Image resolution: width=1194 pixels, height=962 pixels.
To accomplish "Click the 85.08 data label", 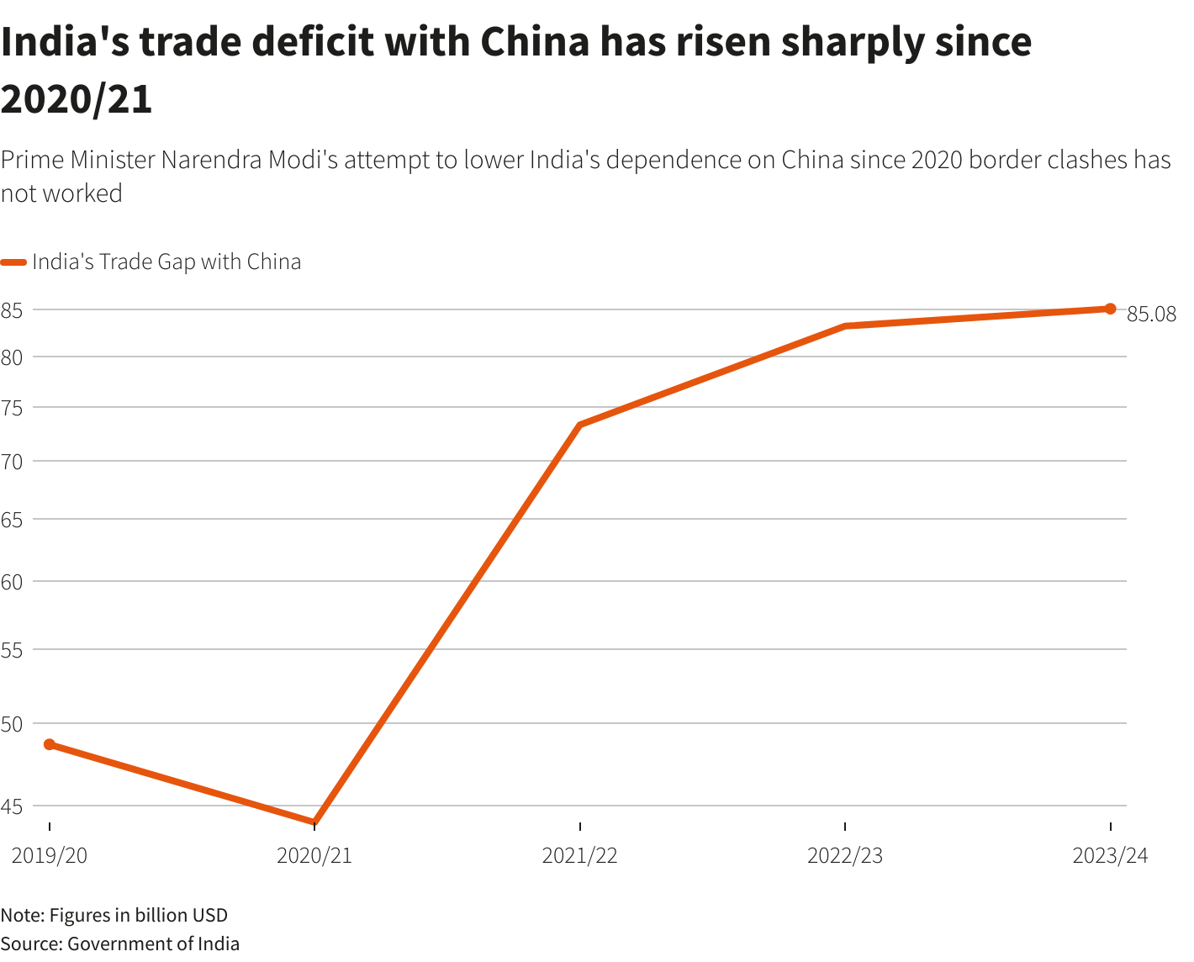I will pyautogui.click(x=1151, y=314).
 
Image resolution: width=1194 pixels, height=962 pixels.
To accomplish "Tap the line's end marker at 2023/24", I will pyautogui.click(x=1110, y=309).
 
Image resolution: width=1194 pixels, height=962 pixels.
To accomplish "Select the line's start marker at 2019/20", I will pyautogui.click(x=50, y=744).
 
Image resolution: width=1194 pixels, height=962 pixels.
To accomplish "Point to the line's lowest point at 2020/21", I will pyautogui.click(x=314, y=822).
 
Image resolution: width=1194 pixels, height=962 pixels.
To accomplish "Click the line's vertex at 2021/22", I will pyautogui.click(x=580, y=425).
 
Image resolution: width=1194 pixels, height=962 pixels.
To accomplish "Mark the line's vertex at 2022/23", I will pyautogui.click(x=845, y=325).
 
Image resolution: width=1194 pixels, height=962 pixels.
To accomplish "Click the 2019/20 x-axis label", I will pyautogui.click(x=50, y=856).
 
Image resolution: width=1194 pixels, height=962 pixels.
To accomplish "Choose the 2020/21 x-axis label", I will pyautogui.click(x=314, y=856).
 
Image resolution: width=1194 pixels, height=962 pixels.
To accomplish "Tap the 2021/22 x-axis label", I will pyautogui.click(x=580, y=856).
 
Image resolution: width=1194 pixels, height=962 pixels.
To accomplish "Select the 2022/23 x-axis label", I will pyautogui.click(x=845, y=856).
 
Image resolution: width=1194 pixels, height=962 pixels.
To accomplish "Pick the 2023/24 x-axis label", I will pyautogui.click(x=1110, y=856).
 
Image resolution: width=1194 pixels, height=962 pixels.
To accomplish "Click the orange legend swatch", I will pyautogui.click(x=14, y=262).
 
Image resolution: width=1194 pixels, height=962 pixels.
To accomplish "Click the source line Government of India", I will pyautogui.click(x=153, y=943).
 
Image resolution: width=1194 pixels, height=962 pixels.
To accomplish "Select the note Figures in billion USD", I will pyautogui.click(x=138, y=915).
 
